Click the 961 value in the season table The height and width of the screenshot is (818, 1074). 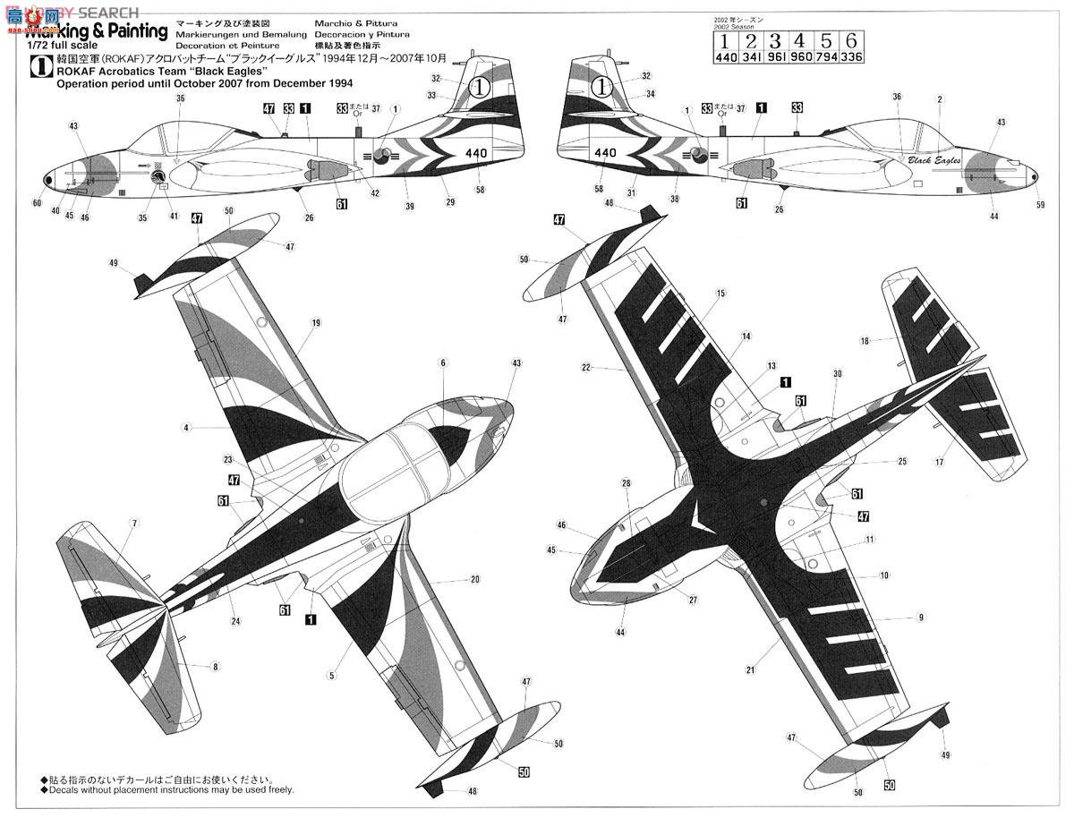click(x=775, y=56)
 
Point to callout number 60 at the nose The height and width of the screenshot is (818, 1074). click(x=37, y=203)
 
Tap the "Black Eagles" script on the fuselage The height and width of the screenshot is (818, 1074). click(x=933, y=161)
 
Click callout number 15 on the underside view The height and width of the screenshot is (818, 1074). click(x=720, y=294)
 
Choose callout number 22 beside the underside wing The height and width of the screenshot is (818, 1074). click(x=586, y=367)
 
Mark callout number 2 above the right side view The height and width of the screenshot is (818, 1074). click(x=940, y=98)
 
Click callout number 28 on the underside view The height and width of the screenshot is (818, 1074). click(x=626, y=483)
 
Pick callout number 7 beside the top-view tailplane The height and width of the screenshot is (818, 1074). click(x=134, y=522)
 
